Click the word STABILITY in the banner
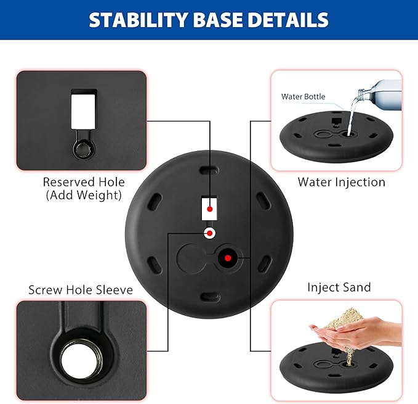[x=139, y=20]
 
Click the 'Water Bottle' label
[x=303, y=96]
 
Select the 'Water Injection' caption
[x=342, y=182]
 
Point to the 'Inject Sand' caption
[x=339, y=287]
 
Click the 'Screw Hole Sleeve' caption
[x=81, y=290]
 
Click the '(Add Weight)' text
[x=84, y=195]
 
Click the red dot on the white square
[x=209, y=209]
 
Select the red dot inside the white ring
[x=209, y=233]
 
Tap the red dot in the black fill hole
[x=228, y=258]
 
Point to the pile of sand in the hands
[x=344, y=318]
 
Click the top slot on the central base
[x=209, y=170]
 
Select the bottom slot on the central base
[x=209, y=297]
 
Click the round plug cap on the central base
[x=191, y=258]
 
